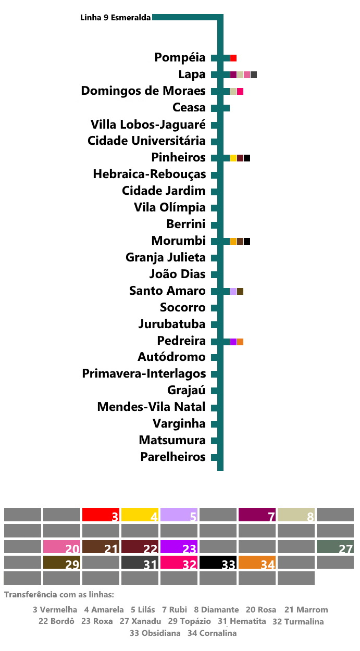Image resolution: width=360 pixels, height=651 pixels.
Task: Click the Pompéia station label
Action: [x=180, y=58]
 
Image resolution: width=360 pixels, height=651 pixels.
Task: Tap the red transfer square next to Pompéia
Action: [x=233, y=58]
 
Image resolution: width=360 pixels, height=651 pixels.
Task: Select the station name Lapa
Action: [x=192, y=74]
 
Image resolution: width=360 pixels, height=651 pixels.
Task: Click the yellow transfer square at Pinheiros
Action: [x=233, y=158]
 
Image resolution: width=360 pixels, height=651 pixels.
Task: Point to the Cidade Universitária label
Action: [x=146, y=141]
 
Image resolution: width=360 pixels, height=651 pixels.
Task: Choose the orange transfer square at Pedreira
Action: [x=240, y=342]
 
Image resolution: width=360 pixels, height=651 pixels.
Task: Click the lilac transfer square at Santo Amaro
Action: [x=233, y=291]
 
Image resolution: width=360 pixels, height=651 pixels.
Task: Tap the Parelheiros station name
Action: [x=173, y=457]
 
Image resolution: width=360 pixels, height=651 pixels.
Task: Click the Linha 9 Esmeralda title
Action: [x=116, y=18]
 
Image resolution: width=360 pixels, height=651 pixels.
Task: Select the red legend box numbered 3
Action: [x=101, y=515]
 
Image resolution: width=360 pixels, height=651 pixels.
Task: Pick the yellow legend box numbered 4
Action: [x=140, y=515]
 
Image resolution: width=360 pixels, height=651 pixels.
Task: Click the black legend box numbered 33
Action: [x=218, y=562]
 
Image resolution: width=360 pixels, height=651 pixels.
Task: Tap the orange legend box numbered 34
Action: [x=257, y=562]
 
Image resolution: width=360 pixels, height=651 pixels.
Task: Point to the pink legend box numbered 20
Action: [x=61, y=547]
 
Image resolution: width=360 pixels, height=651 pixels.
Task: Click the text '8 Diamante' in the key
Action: [x=216, y=609]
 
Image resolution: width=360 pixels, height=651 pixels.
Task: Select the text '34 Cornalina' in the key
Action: [x=212, y=633]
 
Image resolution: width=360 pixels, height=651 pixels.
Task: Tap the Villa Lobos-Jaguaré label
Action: [x=148, y=124]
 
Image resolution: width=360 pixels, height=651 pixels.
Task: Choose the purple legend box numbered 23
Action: [x=179, y=547]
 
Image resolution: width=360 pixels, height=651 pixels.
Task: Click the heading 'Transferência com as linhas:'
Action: [x=59, y=595]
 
